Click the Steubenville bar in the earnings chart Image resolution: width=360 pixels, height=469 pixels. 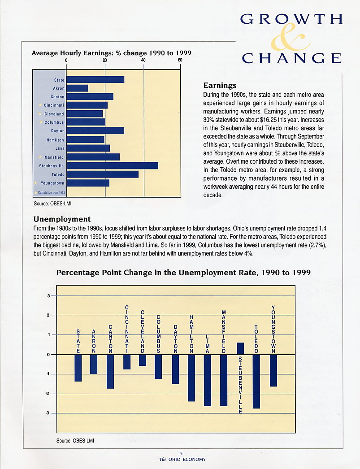tap(112, 166)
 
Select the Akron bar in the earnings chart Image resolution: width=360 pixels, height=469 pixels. tap(77, 88)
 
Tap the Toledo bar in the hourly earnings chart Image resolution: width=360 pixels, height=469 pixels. tap(102, 174)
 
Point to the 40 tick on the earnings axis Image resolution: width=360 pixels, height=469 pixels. tap(143, 60)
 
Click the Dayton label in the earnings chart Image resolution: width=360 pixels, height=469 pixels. tap(58, 131)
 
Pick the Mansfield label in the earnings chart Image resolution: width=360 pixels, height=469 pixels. tap(54, 157)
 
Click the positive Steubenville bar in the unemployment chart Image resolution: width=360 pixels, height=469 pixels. tap(240, 348)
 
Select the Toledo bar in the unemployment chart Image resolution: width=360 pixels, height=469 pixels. tap(256, 382)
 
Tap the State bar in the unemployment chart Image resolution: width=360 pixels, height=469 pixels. tap(78, 368)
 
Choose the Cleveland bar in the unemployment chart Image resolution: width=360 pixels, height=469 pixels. tap(142, 360)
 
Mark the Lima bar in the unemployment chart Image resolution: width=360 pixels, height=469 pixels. tap(207, 380)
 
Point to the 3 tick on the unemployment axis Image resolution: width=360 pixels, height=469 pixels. tap(48, 296)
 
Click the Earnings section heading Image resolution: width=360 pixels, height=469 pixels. tap(220, 86)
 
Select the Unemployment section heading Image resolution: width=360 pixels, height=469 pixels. tap(62, 219)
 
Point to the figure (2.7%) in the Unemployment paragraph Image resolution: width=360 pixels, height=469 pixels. tap(316, 245)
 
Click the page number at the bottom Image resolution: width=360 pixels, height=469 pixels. tap(181, 453)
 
